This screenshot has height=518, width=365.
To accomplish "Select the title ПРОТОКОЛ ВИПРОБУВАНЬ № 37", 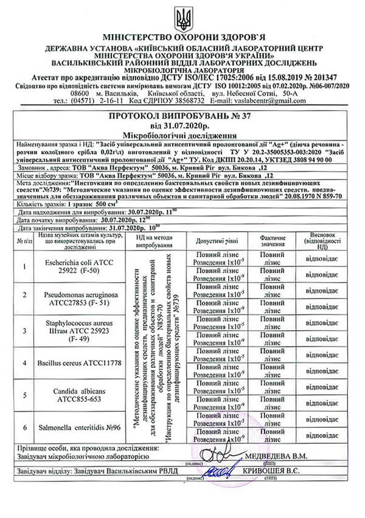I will [x=182, y=116].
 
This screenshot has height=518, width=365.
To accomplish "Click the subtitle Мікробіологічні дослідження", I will [x=182, y=135].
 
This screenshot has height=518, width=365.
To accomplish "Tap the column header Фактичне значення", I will [x=277, y=241].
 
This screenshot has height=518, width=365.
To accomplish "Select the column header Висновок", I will [x=332, y=241].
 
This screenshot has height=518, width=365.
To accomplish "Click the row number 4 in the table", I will [x=25, y=363].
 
